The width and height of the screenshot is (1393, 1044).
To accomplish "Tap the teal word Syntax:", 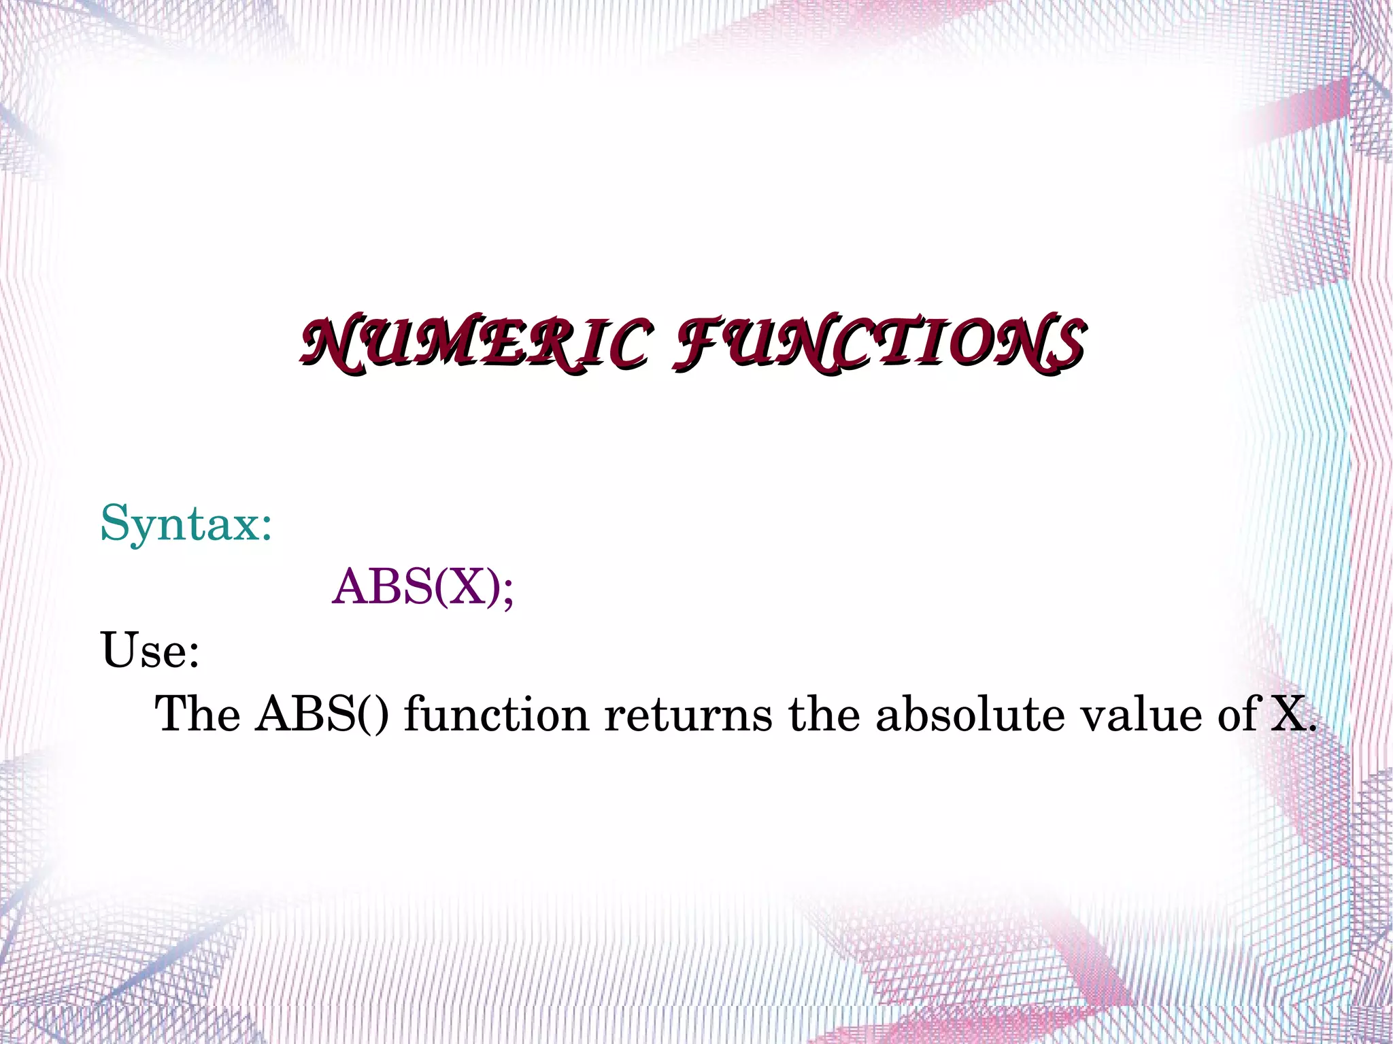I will [x=186, y=524].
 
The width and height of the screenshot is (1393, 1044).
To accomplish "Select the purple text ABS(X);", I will [x=422, y=586].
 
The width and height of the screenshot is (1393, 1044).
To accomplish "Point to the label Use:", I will [x=150, y=650].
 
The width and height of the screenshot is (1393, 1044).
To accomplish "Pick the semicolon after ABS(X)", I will [x=507, y=590].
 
